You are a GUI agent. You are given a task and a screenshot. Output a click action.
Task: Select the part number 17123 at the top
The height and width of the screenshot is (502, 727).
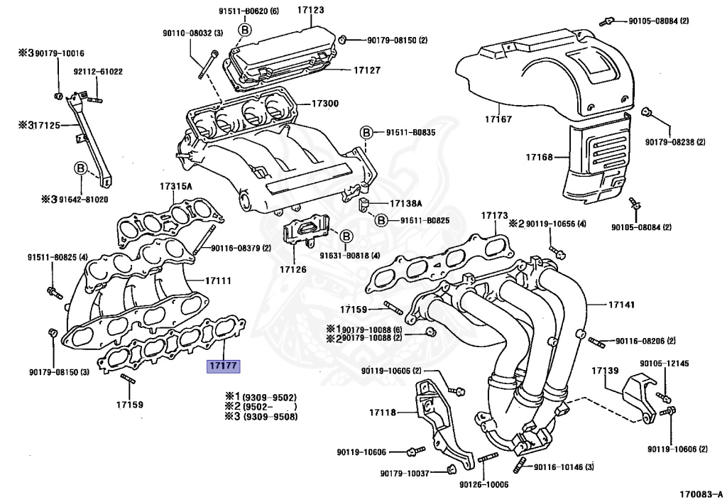point(310,10)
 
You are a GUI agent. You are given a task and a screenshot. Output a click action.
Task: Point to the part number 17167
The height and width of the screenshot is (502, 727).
point(498,119)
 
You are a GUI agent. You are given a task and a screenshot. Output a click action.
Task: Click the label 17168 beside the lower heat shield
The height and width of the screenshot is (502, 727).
point(539,156)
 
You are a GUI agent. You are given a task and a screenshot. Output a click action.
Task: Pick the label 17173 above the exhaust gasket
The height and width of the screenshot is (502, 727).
point(494,215)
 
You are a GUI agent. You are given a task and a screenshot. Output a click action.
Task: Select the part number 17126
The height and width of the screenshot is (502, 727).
point(293,270)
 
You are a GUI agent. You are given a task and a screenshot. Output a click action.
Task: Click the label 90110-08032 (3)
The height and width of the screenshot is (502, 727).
point(191,33)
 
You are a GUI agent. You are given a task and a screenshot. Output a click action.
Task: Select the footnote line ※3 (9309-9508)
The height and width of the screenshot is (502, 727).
point(261,416)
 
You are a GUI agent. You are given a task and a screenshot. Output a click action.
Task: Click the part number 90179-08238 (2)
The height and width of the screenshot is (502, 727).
point(675,142)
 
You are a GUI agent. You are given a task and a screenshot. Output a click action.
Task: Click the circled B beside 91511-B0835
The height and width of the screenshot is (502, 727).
point(366,133)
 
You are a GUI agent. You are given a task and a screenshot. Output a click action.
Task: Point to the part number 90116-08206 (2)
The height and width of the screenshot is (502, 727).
point(645,342)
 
